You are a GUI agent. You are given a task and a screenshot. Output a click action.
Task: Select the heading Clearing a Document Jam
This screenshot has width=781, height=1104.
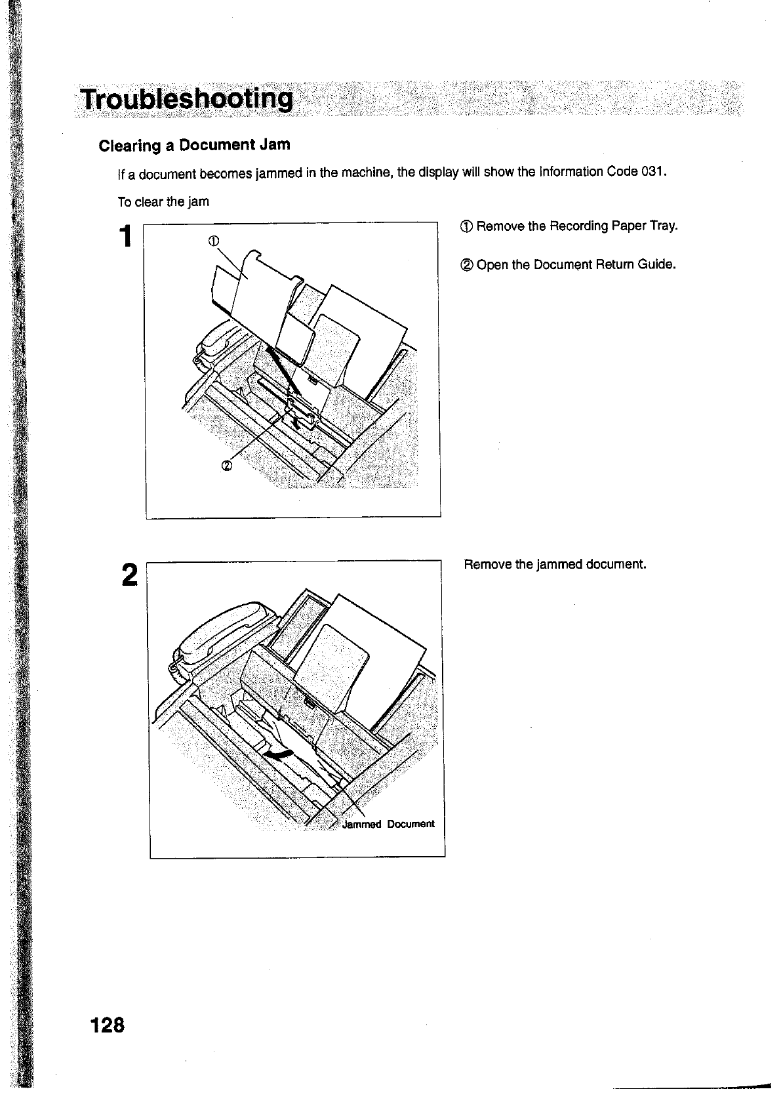[194, 144]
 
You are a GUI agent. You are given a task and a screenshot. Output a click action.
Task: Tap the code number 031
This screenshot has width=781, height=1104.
[653, 172]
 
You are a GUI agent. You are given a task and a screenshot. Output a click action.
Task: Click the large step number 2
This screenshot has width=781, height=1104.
[129, 575]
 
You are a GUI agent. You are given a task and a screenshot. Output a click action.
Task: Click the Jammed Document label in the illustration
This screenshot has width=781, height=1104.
[388, 824]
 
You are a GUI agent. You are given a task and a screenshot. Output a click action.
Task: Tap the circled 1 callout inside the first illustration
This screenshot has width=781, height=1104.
[212, 240]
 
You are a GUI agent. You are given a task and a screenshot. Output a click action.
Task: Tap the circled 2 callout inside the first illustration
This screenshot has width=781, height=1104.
[226, 466]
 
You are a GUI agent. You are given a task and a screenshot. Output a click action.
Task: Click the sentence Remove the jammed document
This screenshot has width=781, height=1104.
[555, 564]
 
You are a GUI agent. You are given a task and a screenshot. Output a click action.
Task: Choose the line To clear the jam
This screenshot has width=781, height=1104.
[163, 202]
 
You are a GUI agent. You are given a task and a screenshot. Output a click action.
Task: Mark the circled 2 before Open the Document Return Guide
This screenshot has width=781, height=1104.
[466, 266]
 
